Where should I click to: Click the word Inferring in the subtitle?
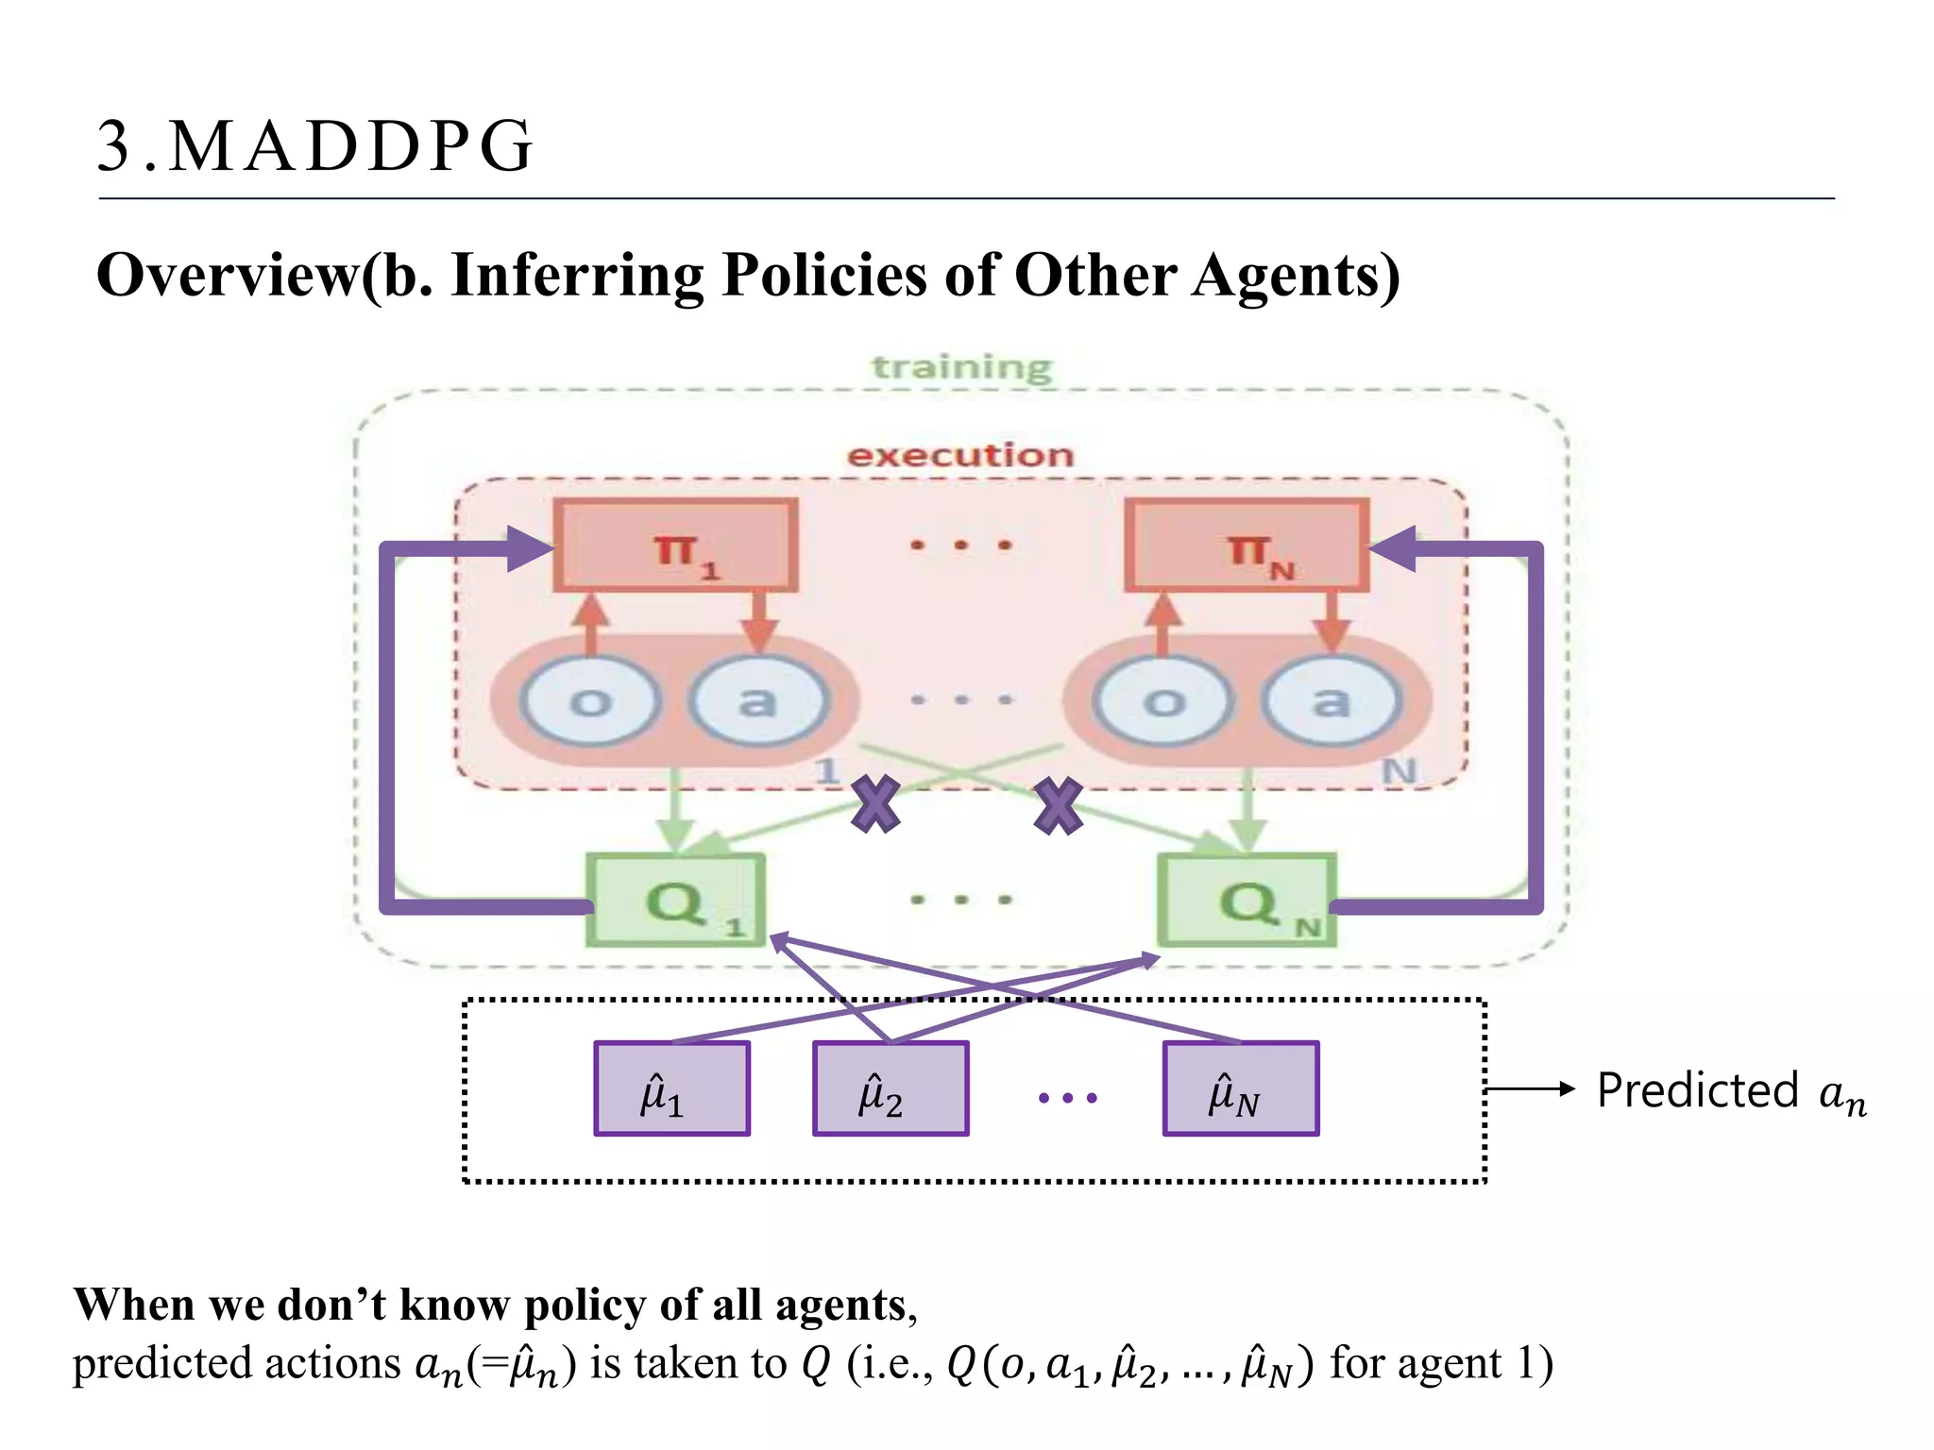pyautogui.click(x=577, y=276)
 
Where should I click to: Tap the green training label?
pyautogui.click(x=960, y=367)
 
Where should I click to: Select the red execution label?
pyautogui.click(x=960, y=456)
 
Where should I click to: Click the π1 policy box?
pyautogui.click(x=676, y=547)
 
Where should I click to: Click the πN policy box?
pyautogui.click(x=1247, y=547)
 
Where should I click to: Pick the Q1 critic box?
pyautogui.click(x=676, y=900)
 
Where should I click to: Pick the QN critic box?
pyautogui.click(x=1247, y=900)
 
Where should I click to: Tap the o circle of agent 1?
pyautogui.click(x=590, y=701)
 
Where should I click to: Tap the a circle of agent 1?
pyautogui.click(x=758, y=701)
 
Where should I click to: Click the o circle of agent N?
pyautogui.click(x=1163, y=701)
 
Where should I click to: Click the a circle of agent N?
pyautogui.click(x=1332, y=701)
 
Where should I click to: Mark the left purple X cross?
pyautogui.click(x=875, y=805)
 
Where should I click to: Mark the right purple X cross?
pyautogui.click(x=1058, y=805)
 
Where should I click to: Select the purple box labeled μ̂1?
pyautogui.click(x=671, y=1088)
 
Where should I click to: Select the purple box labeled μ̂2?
pyautogui.click(x=891, y=1088)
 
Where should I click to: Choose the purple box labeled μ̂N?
pyautogui.click(x=1240, y=1088)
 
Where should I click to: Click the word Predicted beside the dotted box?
pyautogui.click(x=1697, y=1091)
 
